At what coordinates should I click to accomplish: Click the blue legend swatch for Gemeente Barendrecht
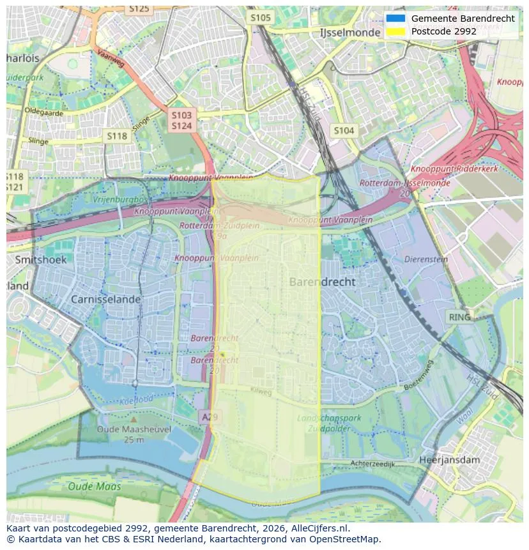click(x=395, y=19)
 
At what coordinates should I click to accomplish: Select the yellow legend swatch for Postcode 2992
click(x=395, y=31)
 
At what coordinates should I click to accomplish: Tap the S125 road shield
click(x=139, y=8)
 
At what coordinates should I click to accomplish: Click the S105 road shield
click(x=261, y=17)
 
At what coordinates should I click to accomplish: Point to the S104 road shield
click(x=344, y=131)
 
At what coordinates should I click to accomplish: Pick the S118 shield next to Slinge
click(x=117, y=136)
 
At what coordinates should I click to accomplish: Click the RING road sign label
click(x=459, y=317)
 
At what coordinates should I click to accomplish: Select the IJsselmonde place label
click(x=349, y=33)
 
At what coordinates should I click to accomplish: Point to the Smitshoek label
click(x=36, y=260)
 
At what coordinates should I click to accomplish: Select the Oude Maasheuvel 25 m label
click(x=134, y=434)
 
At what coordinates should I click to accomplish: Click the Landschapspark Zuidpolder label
click(x=329, y=423)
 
